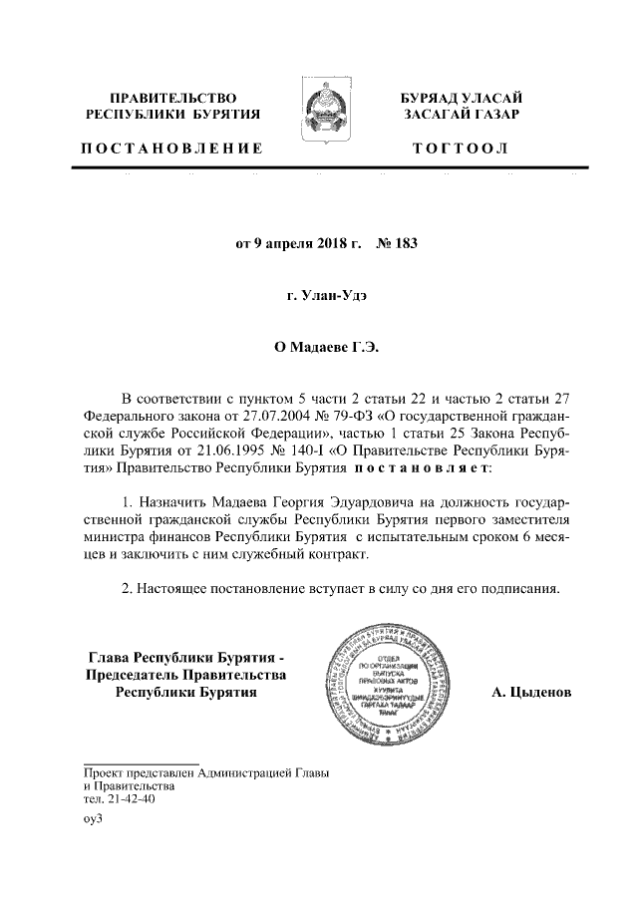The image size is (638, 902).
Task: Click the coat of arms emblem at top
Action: (319, 108)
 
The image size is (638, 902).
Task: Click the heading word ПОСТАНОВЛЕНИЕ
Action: (171, 150)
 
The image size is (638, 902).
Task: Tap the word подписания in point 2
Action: (520, 588)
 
